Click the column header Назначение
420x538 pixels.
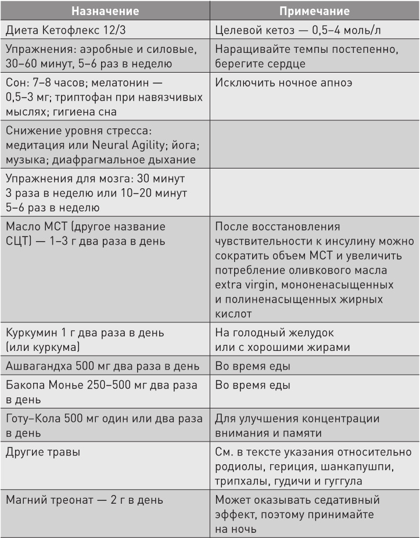click(105, 10)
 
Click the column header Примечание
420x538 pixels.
click(314, 10)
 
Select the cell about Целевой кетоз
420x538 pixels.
click(299, 31)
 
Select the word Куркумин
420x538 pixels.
click(33, 333)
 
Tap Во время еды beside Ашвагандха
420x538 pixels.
click(253, 367)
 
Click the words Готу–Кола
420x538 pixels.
click(35, 418)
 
